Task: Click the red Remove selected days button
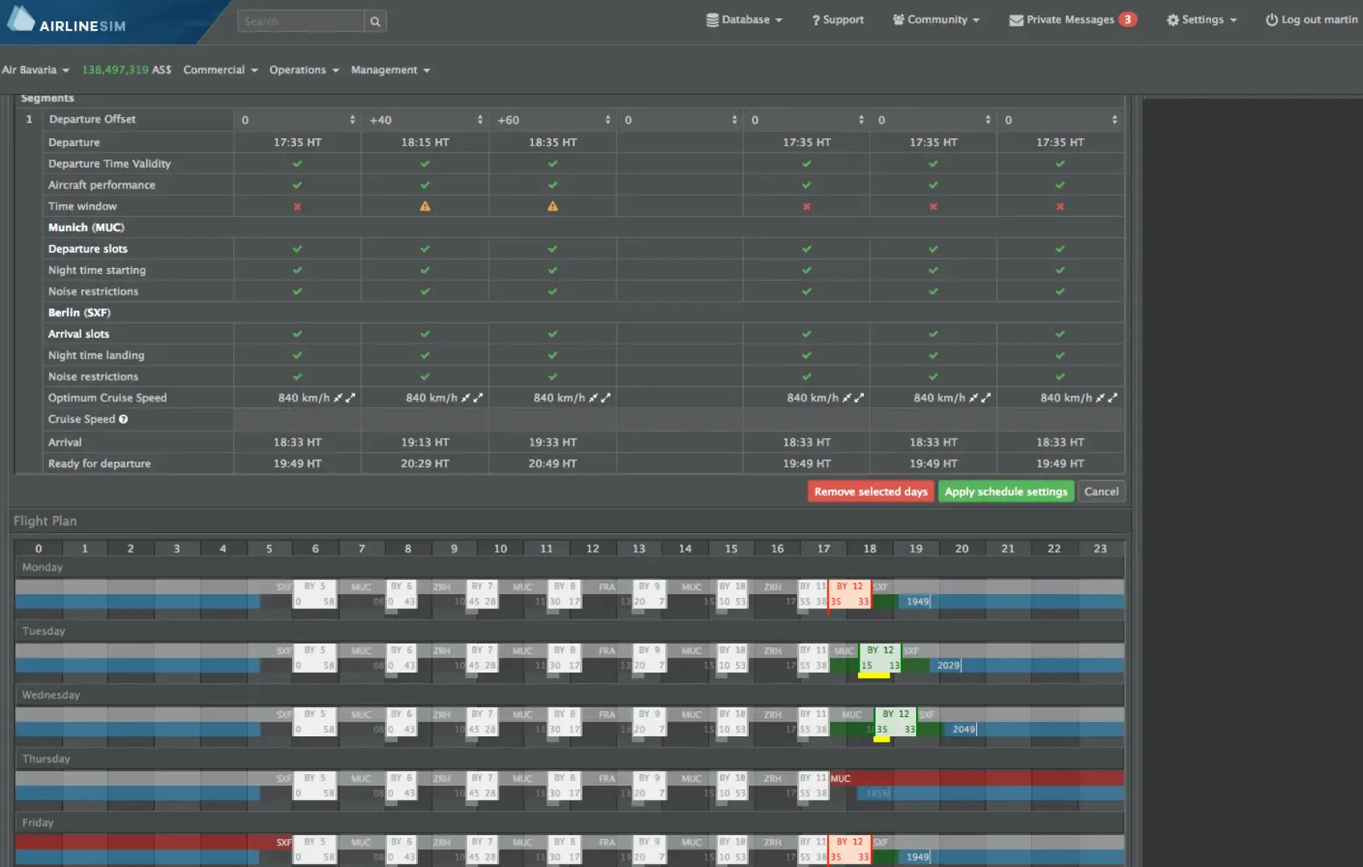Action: [x=871, y=491]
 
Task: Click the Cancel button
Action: [x=1101, y=491]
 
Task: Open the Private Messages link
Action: [x=1072, y=20]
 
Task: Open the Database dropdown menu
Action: [x=744, y=20]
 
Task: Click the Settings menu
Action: [x=1202, y=20]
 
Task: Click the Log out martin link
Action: [x=1312, y=20]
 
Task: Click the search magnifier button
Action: [x=375, y=22]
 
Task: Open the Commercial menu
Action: [x=220, y=70]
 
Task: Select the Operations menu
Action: [x=303, y=70]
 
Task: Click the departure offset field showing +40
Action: [x=424, y=120]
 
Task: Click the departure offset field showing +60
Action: [x=551, y=120]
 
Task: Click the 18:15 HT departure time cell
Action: [x=425, y=142]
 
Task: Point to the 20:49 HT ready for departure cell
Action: [x=552, y=463]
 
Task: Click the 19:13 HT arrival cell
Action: [x=425, y=442]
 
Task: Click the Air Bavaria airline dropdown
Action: [x=35, y=70]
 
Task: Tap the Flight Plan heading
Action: [x=45, y=521]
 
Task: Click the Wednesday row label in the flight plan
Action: [x=51, y=694]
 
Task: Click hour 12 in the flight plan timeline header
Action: [x=592, y=549]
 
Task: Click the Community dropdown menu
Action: [x=936, y=20]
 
